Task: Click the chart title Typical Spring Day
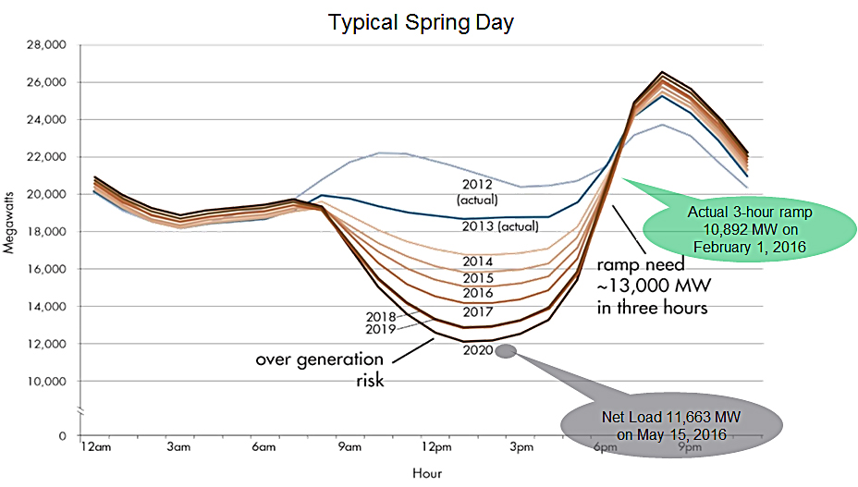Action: pos(421,21)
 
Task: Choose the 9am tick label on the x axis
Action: pos(349,448)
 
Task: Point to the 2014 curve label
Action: pos(479,262)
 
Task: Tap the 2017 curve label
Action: pos(478,310)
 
